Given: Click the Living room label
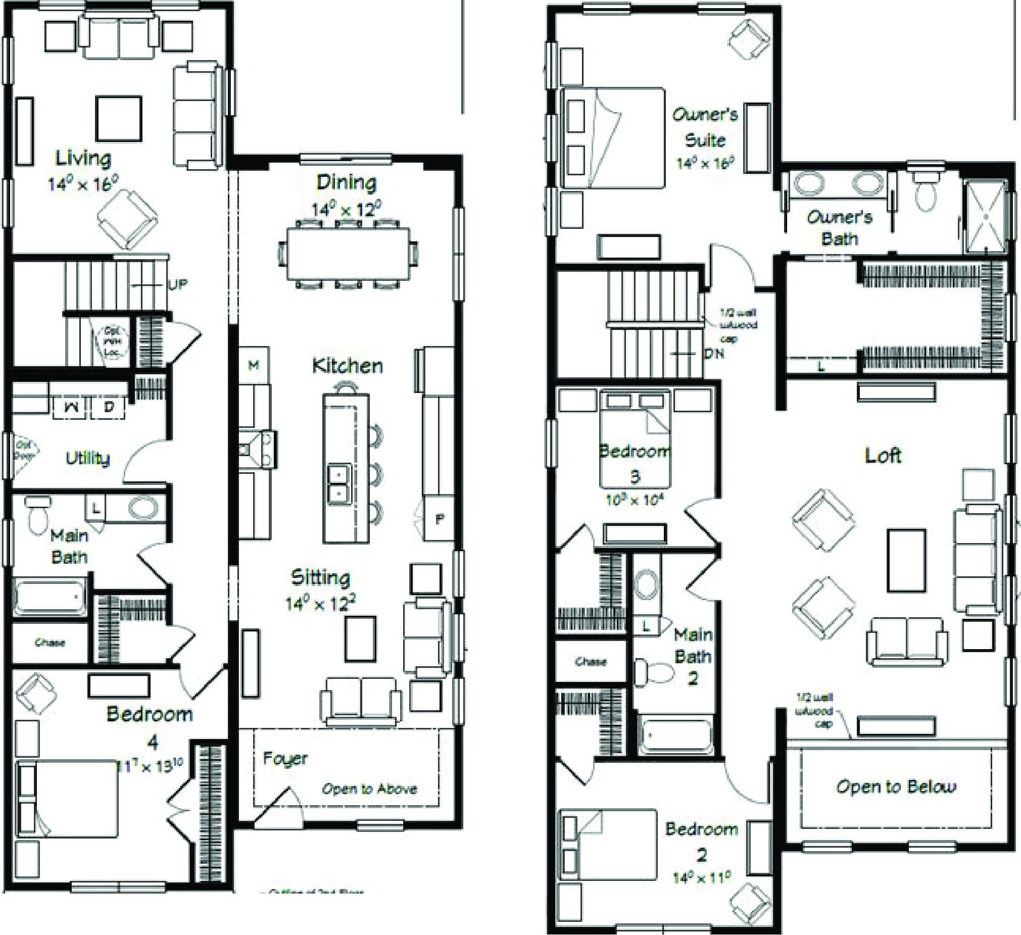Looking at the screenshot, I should (83, 158).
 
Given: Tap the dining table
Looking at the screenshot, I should (349, 253).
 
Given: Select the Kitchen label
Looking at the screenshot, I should (348, 366).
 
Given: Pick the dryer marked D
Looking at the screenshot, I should (109, 407).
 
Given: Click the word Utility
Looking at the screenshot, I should (87, 458).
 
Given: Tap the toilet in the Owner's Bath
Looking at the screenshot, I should (927, 195).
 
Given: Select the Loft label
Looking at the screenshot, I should (883, 455).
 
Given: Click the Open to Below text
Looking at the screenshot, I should (896, 786).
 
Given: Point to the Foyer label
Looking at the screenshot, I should (284, 758).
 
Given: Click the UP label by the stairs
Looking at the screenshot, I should (177, 285).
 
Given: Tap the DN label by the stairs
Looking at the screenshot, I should (714, 354).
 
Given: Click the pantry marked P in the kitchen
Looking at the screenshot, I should (440, 519).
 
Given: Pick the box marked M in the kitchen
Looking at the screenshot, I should (254, 364).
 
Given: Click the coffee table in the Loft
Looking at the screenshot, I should (906, 560).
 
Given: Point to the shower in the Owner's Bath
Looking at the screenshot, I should (986, 216).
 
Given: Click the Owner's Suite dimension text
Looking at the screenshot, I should (705, 163).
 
